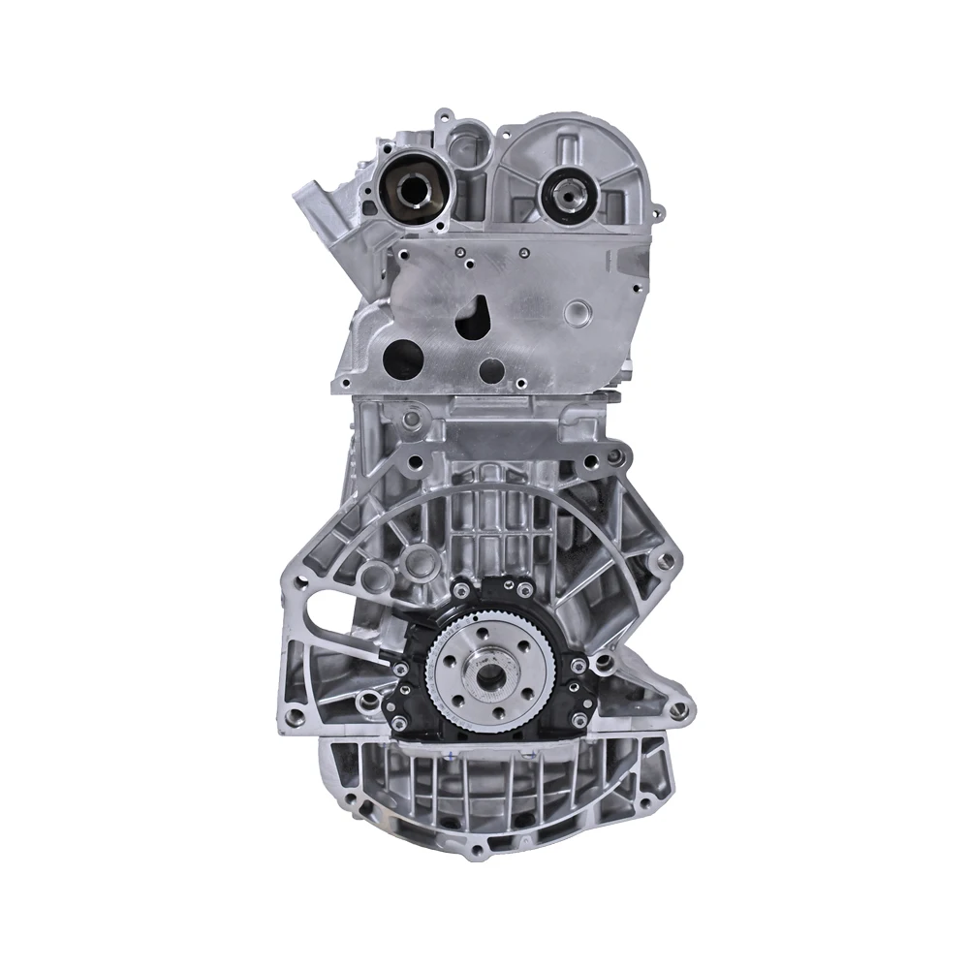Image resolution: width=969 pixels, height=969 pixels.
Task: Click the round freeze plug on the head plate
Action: click(x=580, y=313)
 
